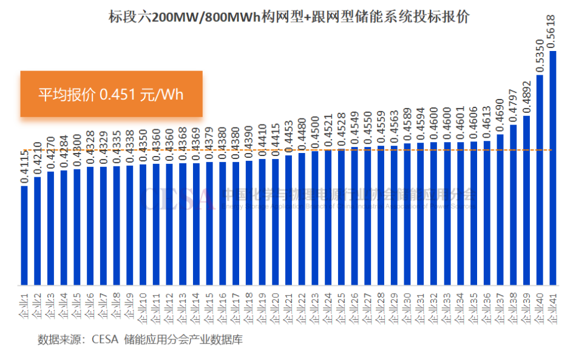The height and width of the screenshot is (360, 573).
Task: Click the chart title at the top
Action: click(x=286, y=17)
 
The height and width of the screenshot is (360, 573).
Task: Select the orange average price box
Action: click(x=111, y=94)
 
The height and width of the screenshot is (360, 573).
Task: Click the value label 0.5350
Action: click(x=540, y=55)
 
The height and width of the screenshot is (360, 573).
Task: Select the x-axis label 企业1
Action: click(x=25, y=304)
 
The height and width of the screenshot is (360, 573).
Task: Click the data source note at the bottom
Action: click(x=140, y=339)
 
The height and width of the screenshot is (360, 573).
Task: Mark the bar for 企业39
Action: click(x=526, y=200)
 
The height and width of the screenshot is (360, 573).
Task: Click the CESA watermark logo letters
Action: click(x=178, y=198)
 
